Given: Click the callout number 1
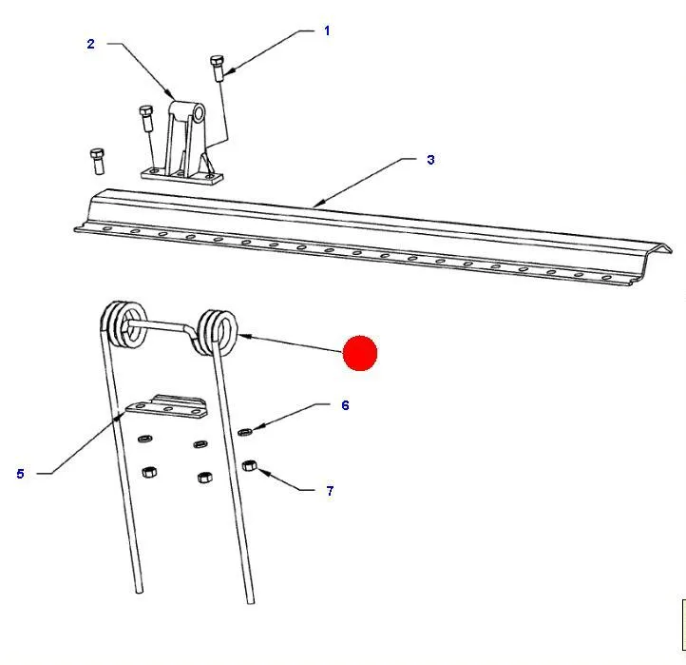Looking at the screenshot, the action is coord(327,30).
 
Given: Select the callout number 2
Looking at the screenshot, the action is coord(90,44).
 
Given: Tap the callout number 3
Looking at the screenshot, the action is coord(431,160).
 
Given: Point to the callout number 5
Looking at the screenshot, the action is coord(20,474).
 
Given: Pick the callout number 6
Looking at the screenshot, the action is coord(345,405).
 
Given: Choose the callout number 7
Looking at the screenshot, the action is coord(330,491).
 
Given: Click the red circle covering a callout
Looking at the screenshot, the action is coord(359,353).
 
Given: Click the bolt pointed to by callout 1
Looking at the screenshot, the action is coord(218,68).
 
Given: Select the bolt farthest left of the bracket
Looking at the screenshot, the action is coord(97,161).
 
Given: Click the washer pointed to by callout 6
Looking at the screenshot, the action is coord(245,432).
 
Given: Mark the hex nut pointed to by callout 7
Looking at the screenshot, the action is coord(249,465).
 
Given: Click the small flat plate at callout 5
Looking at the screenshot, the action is coord(166,406).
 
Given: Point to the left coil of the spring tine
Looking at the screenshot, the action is coord(124,324).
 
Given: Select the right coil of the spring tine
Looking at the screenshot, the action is coord(218,332).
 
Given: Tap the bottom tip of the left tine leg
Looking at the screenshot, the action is coord(140,592).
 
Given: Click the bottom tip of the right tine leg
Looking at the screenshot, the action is coord(251,602).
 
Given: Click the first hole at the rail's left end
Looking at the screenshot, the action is coord(107,228).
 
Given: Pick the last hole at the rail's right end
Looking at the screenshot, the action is coord(606,278).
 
